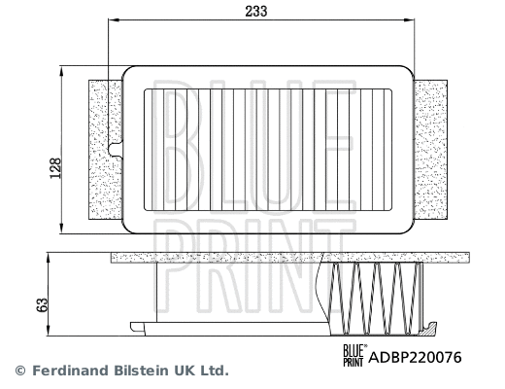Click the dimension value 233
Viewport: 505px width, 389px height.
click(x=257, y=12)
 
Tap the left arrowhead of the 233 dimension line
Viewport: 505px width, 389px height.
click(x=111, y=30)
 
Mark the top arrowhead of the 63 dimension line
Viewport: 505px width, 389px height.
click(x=49, y=256)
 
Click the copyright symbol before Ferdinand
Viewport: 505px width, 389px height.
click(x=18, y=371)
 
